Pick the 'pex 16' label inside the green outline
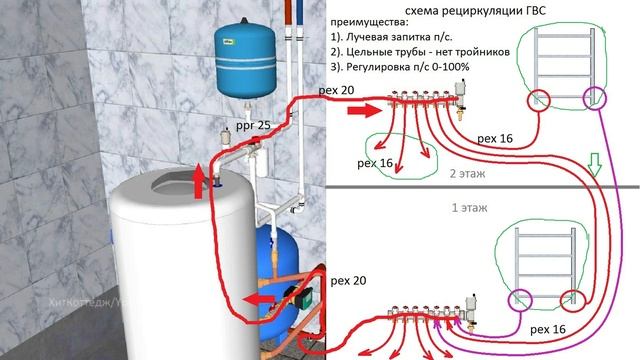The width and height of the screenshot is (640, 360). (x=378, y=162)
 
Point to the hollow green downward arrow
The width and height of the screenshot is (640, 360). (x=593, y=164)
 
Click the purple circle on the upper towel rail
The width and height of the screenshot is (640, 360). (x=597, y=98)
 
